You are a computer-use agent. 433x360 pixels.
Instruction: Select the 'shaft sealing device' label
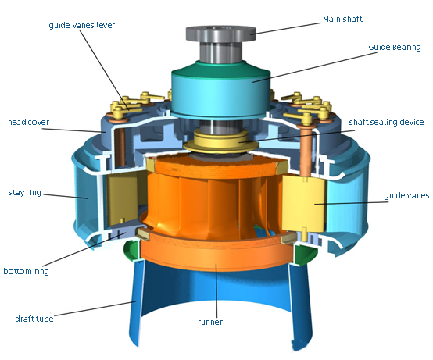click(386, 122)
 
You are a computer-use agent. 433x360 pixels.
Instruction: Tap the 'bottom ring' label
click(27, 271)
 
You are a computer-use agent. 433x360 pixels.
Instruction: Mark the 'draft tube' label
click(32, 318)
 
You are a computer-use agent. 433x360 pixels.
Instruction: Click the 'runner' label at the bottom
click(210, 321)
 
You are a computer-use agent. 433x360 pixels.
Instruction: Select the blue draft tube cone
click(156, 312)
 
